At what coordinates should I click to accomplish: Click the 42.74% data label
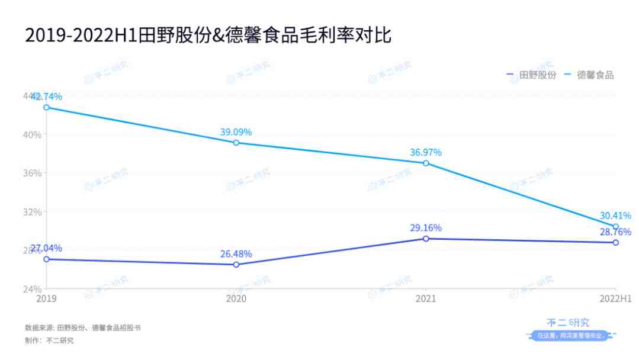pos(46,97)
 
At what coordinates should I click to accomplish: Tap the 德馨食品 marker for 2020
pos(236,143)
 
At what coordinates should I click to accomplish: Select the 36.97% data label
pos(426,153)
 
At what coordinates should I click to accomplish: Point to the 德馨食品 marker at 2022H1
pos(615,227)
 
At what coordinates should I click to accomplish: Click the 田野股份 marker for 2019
pos(46,259)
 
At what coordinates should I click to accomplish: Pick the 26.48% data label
pos(236,254)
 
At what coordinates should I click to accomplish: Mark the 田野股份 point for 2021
pos(426,239)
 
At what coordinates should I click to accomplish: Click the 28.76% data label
pos(615,232)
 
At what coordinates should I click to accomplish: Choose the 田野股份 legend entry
pos(531,75)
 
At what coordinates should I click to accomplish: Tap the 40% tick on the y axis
pos(33,134)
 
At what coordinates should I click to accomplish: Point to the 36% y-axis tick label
pos(33,173)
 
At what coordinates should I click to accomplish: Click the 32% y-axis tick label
pos(33,212)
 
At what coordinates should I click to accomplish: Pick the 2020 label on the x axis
pos(236,298)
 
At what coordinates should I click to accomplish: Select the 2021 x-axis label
pos(426,298)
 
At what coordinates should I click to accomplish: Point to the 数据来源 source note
pos(82,327)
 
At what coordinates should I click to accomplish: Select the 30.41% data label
pos(615,216)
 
